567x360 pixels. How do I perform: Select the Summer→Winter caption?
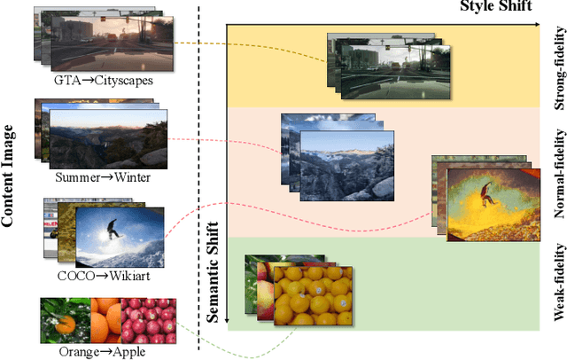103,176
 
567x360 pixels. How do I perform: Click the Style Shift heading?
496,7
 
